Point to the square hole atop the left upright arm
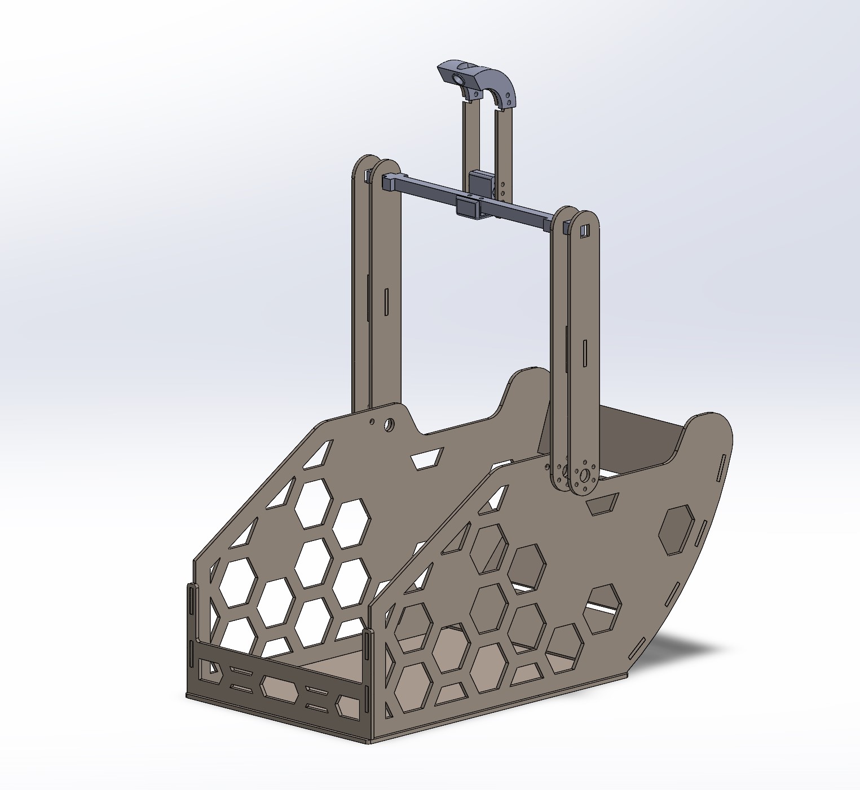click(x=368, y=176)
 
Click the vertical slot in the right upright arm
click(x=585, y=355)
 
